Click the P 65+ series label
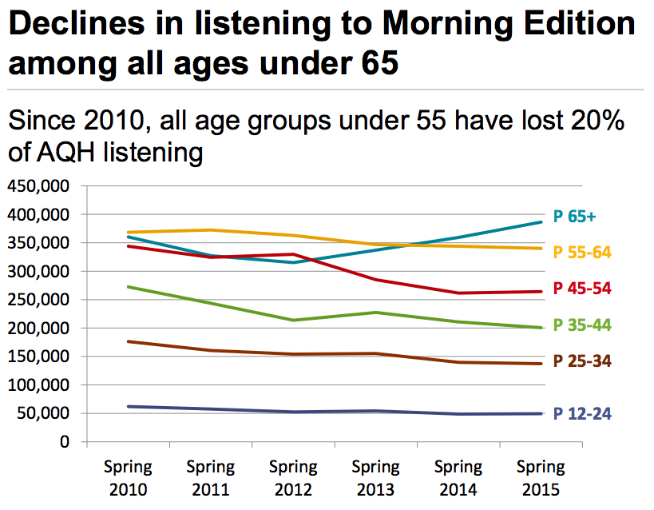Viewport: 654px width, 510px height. pyautogui.click(x=574, y=217)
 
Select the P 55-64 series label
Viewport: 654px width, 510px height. pyautogui.click(x=582, y=253)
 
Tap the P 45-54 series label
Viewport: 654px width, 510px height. pyautogui.click(x=582, y=288)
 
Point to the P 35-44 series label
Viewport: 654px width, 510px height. pyautogui.click(x=582, y=325)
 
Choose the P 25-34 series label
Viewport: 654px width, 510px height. pyautogui.click(x=582, y=361)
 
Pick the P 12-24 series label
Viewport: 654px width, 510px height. pyautogui.click(x=582, y=413)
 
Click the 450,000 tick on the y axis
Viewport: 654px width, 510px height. pyautogui.click(x=39, y=186)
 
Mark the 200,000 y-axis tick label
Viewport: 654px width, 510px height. pyautogui.click(x=39, y=329)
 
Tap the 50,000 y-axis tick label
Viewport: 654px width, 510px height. pyautogui.click(x=44, y=414)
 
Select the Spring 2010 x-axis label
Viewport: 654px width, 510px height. pyautogui.click(x=127, y=477)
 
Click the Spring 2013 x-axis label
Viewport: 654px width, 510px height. pyautogui.click(x=375, y=477)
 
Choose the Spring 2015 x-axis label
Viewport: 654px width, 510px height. pyautogui.click(x=541, y=477)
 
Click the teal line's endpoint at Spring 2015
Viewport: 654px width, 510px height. pyautogui.click(x=541, y=222)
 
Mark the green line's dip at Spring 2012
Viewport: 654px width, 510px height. pyautogui.click(x=293, y=320)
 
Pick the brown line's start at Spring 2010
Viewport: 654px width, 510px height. pyautogui.click(x=128, y=341)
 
